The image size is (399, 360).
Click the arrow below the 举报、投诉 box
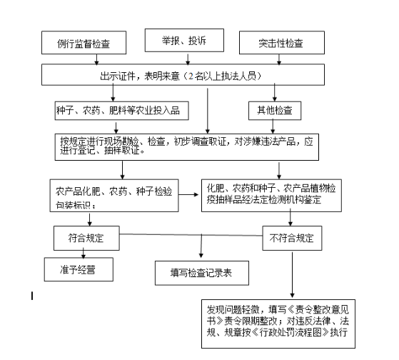pos(188,59)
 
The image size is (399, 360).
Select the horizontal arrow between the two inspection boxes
pos(188,194)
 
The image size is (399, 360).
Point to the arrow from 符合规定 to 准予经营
pos(84,254)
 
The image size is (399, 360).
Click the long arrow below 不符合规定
pos(292,275)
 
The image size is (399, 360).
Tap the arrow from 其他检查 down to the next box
pos(273,126)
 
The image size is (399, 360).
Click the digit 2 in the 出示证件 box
pos(191,76)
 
